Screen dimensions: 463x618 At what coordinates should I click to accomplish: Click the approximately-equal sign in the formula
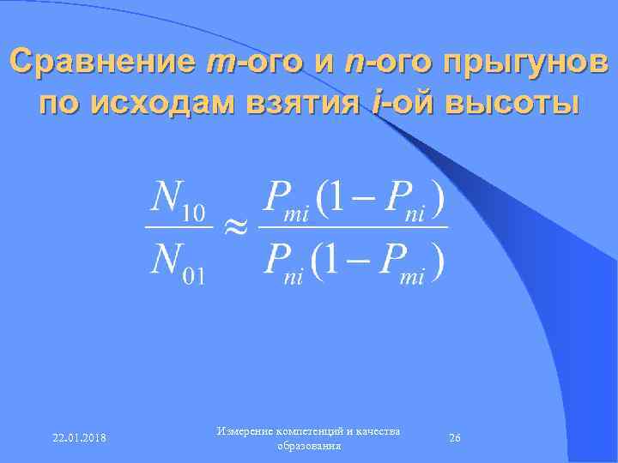(x=236, y=227)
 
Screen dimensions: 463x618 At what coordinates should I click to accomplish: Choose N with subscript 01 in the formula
(x=177, y=265)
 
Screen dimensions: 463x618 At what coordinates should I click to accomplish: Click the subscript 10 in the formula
(x=197, y=215)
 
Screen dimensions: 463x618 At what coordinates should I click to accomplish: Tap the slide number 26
(x=455, y=438)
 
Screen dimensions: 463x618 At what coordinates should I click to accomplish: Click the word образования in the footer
(x=309, y=447)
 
